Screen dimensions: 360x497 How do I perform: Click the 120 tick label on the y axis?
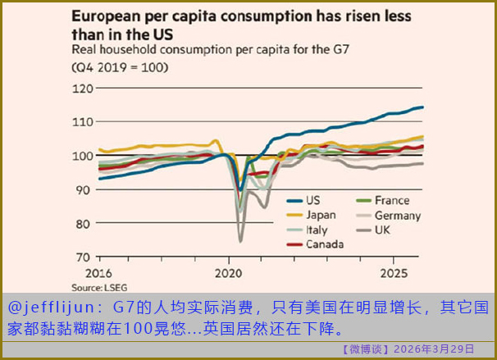(x=84, y=88)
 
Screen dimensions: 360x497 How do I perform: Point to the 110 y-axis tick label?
(x=84, y=121)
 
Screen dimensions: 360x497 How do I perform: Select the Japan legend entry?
(x=322, y=216)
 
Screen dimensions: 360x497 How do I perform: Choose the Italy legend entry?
(x=318, y=230)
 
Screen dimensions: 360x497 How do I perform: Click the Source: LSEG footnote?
(x=93, y=287)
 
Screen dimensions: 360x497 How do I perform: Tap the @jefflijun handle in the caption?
(x=51, y=308)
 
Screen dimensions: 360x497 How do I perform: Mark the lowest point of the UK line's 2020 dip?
(x=241, y=241)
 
